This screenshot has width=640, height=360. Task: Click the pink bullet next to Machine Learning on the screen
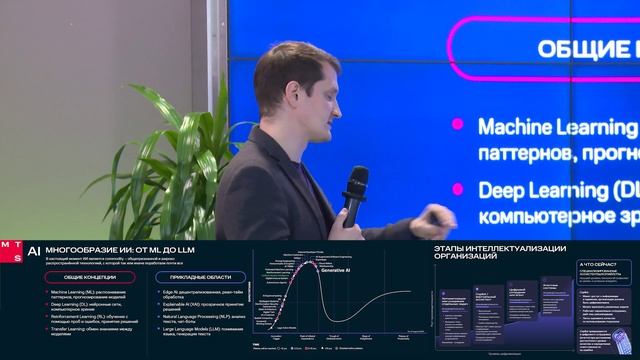[458, 126]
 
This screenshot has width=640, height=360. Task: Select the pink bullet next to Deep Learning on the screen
[458, 187]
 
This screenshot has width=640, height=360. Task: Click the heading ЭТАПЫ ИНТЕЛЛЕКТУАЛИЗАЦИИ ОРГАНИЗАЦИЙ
[499, 252]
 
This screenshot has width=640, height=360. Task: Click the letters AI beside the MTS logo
[33, 253]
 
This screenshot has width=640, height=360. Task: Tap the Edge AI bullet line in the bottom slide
[200, 294]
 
